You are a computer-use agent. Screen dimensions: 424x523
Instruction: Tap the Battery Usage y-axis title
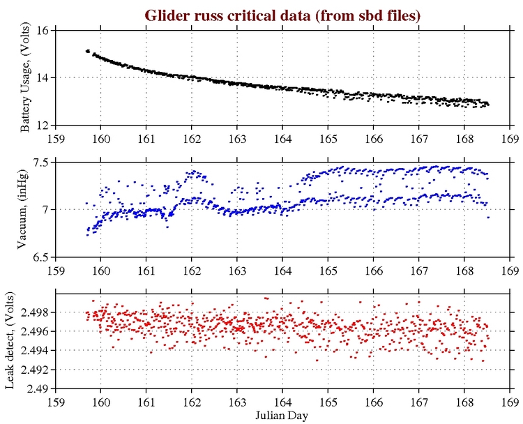coord(25,78)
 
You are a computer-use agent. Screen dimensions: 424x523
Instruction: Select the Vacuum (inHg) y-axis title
coord(25,209)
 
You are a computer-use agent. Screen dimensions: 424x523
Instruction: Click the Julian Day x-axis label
coord(282,416)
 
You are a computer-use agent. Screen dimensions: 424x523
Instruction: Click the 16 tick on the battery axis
coord(41,31)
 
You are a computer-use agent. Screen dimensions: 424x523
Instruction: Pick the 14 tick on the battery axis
coord(41,78)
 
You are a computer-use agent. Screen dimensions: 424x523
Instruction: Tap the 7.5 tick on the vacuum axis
coord(38,162)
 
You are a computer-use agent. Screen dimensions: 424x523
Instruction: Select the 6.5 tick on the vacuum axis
coord(38,257)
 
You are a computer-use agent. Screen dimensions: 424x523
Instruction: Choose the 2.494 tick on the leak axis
coord(31,351)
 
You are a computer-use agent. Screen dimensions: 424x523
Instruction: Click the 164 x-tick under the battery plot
coord(282,137)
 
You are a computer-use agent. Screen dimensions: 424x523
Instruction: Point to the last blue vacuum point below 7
coord(488,218)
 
